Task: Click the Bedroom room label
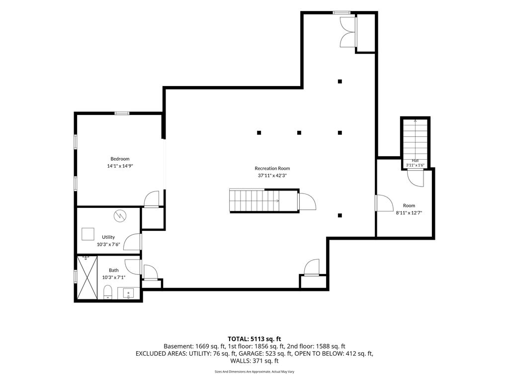point(120,159)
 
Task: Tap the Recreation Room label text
point(272,168)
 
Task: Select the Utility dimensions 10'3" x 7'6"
point(108,244)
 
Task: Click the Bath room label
point(114,270)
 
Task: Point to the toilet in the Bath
point(107,292)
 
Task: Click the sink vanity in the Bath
point(129,293)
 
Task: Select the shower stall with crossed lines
point(87,278)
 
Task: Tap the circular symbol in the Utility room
point(120,216)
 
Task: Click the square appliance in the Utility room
point(87,234)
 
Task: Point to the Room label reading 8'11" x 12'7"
point(409,213)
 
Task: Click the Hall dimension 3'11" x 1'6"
point(415,165)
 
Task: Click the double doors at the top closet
point(347,32)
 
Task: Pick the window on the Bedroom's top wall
point(122,113)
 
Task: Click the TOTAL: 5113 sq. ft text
point(254,339)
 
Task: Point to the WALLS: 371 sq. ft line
point(254,361)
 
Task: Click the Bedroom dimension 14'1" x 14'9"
point(120,166)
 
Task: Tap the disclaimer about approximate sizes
point(254,372)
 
